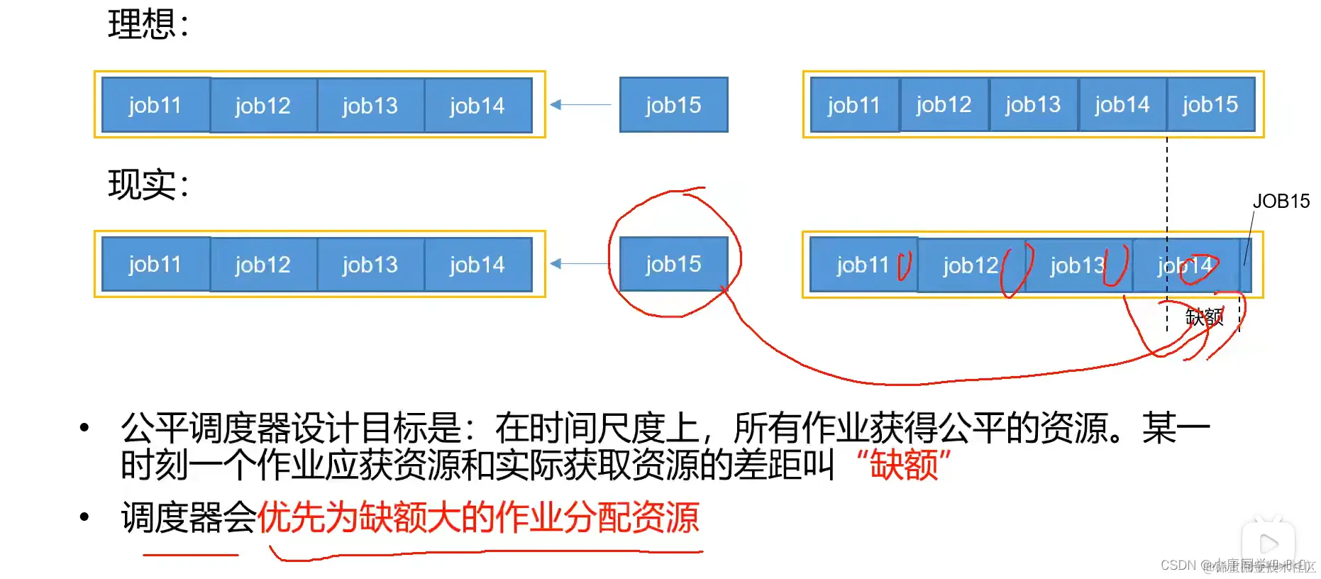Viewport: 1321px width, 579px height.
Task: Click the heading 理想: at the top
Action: pos(148,24)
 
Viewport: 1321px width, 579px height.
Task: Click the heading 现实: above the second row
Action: pos(148,184)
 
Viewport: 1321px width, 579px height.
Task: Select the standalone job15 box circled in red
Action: pos(673,264)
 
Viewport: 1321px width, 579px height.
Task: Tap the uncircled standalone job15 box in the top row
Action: pos(673,105)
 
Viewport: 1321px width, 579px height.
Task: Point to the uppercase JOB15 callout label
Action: pos(1281,202)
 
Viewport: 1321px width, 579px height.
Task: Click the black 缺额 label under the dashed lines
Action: pos(1204,316)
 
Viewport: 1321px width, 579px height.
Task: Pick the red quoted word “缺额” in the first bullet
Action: pos(903,465)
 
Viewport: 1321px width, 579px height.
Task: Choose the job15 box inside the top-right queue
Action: pos(1210,105)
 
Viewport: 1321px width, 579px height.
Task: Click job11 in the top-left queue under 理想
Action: pos(155,105)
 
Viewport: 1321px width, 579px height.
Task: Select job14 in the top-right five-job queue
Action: pos(1122,105)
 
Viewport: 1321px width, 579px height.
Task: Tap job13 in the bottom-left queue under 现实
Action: pos(370,265)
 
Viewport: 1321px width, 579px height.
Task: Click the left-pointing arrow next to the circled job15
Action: pos(579,264)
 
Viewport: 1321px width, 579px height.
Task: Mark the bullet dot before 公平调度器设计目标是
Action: pos(84,427)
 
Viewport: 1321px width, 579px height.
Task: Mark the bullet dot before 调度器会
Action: pos(84,517)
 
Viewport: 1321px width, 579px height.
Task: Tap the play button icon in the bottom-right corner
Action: pos(1268,544)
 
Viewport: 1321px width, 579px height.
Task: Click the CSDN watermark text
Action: pos(1178,566)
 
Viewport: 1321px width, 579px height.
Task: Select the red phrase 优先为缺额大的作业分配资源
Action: pos(478,517)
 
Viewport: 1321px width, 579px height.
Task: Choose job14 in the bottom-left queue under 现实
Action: pos(477,265)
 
